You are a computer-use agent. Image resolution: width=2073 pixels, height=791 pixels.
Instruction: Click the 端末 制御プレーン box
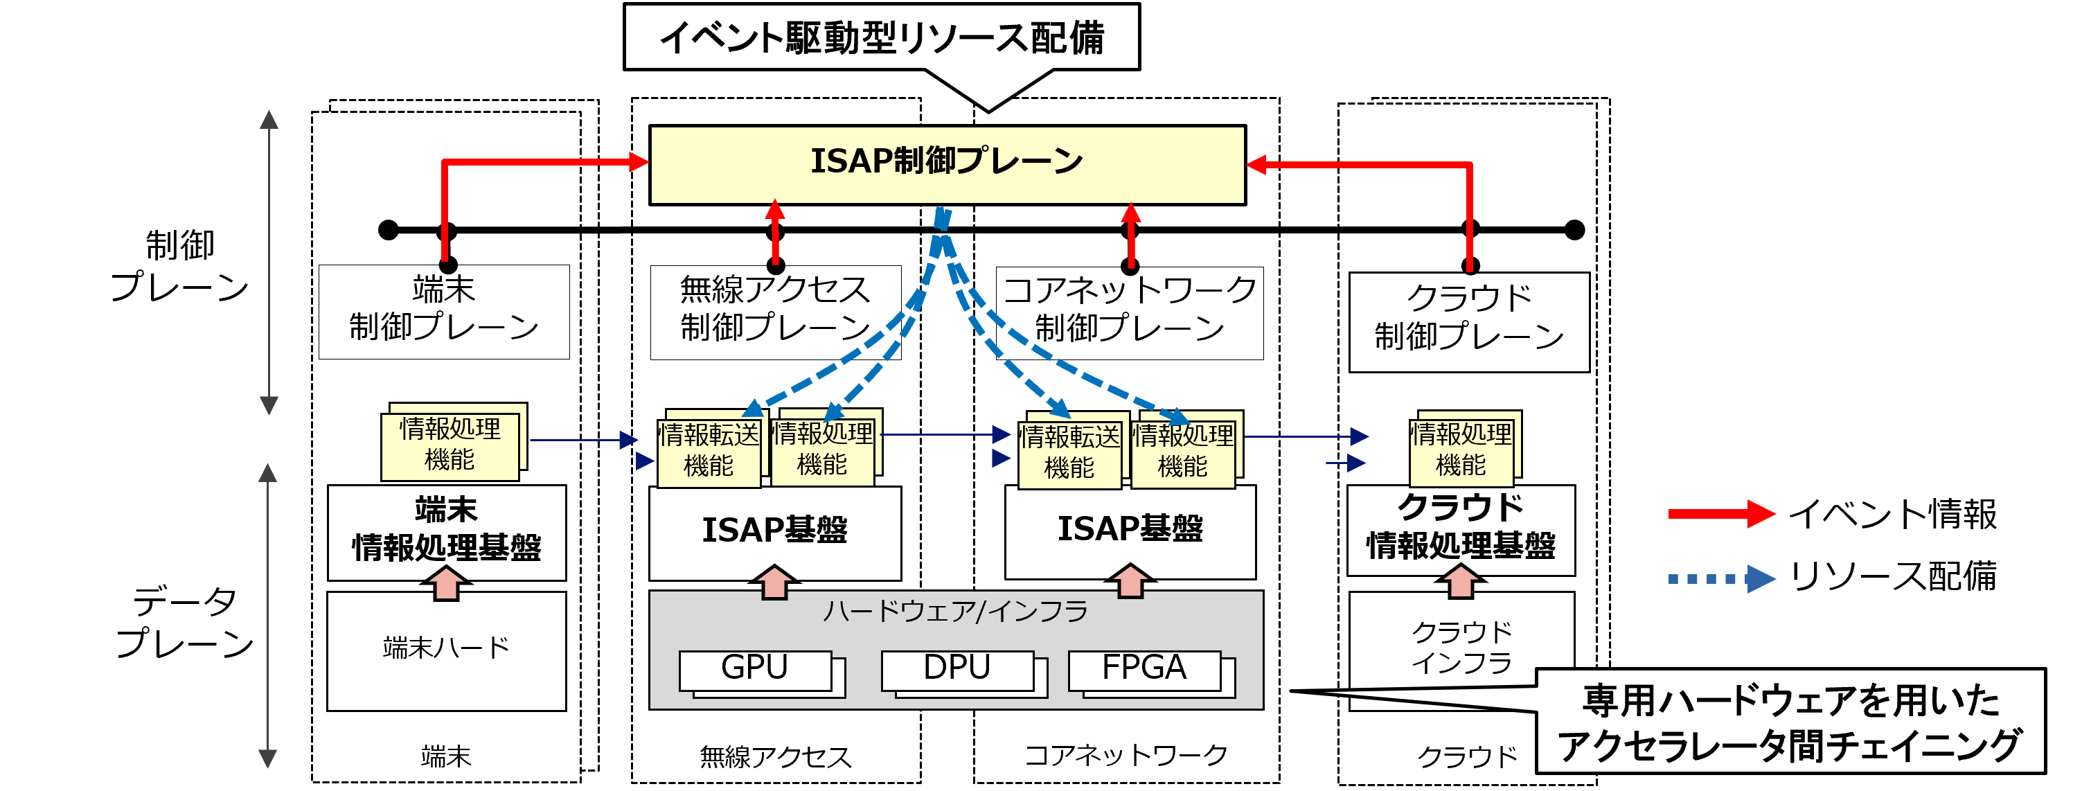coord(443,312)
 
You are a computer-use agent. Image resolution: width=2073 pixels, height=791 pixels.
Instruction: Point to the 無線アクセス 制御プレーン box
coord(775,312)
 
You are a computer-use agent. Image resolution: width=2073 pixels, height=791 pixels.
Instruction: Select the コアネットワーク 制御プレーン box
coord(1129,312)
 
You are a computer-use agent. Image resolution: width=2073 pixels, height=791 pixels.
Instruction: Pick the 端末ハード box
coord(447,650)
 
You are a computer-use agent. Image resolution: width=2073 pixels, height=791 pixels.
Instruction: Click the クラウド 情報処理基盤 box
coord(1461,528)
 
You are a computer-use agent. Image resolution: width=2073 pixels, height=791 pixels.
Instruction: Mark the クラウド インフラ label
coord(1461,647)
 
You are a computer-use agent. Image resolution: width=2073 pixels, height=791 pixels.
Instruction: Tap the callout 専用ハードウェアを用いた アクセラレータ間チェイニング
coord(1790,722)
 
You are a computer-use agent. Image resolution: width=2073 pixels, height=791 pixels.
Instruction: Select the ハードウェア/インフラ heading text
coord(955,612)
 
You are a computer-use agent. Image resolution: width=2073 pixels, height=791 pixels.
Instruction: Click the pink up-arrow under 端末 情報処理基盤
coord(447,583)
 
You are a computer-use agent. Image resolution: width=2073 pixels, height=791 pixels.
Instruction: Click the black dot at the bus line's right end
coord(1574,230)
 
